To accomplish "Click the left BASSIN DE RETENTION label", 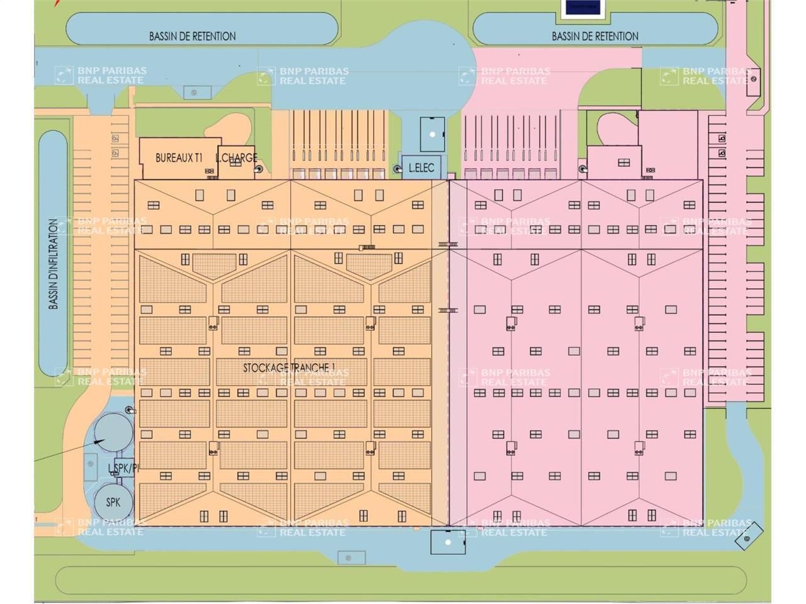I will point(192,36).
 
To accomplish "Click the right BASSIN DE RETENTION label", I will point(595,36).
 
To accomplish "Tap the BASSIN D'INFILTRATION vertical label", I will point(54,264).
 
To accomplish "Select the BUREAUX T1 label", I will point(178,158).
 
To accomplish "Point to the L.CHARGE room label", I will point(236,158).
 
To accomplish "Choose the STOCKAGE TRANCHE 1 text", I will point(289,367).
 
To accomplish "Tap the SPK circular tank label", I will point(113,502).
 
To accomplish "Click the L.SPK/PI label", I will point(123,468).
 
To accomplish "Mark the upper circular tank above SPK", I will point(113,431).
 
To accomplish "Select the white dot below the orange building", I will point(448,542).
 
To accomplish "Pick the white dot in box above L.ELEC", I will point(433,134).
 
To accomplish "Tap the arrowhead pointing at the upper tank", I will point(99,442).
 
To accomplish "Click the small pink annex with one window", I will point(615,162).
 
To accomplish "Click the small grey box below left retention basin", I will point(197,92).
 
